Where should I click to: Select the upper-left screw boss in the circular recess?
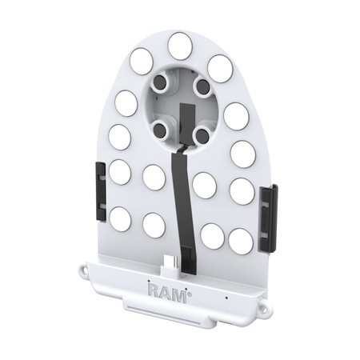coord(162,84)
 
